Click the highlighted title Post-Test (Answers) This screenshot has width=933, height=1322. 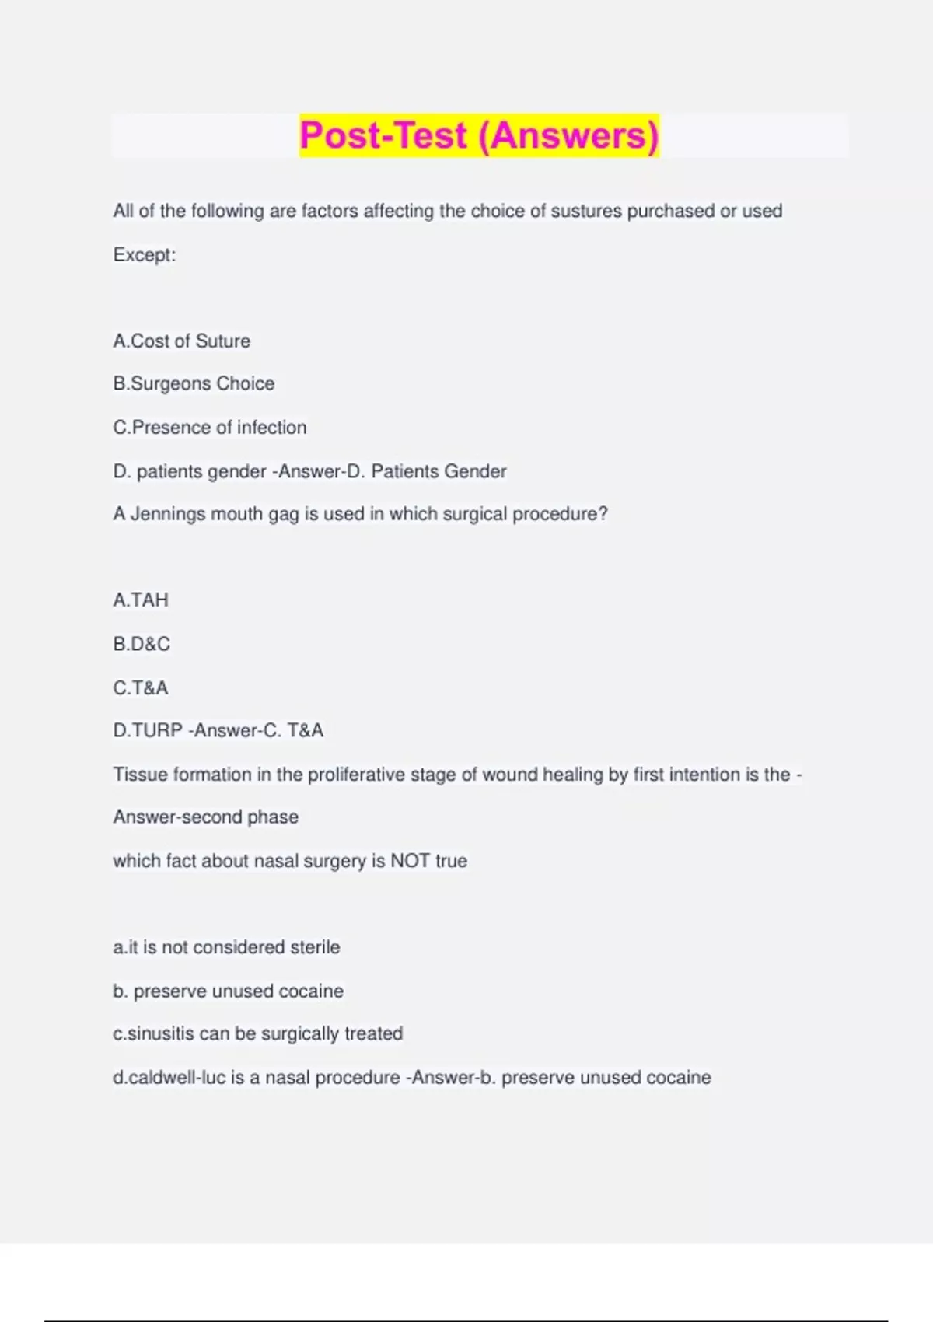(x=479, y=135)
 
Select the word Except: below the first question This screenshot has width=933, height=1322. (x=145, y=255)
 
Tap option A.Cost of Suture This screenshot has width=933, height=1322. (x=182, y=341)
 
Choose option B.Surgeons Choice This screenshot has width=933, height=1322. (x=194, y=384)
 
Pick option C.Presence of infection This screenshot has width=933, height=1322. (x=210, y=428)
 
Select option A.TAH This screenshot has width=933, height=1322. (x=141, y=600)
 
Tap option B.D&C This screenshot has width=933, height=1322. (x=142, y=644)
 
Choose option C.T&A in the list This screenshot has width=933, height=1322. (x=141, y=687)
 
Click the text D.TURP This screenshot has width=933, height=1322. (x=148, y=731)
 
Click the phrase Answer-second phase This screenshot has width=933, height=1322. (x=206, y=817)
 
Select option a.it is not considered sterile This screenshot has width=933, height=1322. (x=226, y=947)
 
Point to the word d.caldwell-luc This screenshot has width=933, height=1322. (x=169, y=1078)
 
